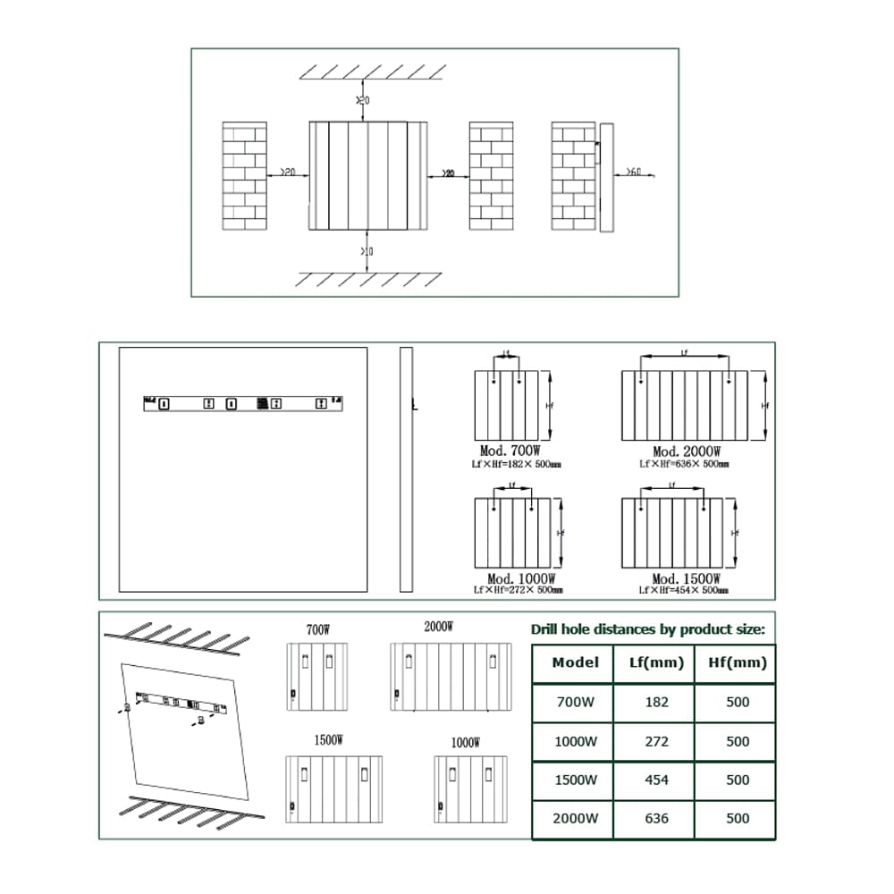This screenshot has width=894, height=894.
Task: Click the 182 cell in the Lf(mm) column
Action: (656, 702)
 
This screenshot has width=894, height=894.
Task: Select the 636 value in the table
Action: (656, 818)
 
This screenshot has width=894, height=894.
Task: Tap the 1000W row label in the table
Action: (575, 741)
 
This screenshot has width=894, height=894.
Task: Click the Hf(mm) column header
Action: (738, 662)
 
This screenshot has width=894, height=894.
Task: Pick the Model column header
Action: (575, 662)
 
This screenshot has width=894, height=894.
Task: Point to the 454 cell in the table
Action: (656, 780)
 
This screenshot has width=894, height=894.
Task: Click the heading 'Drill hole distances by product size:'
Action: (647, 628)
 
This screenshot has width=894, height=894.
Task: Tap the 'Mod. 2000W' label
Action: (687, 451)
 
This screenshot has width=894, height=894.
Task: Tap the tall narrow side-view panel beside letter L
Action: (405, 469)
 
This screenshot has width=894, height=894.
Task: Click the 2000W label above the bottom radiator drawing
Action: (438, 627)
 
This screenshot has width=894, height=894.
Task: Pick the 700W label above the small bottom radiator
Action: (318, 629)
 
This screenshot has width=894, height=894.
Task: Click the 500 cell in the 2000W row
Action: (738, 818)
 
